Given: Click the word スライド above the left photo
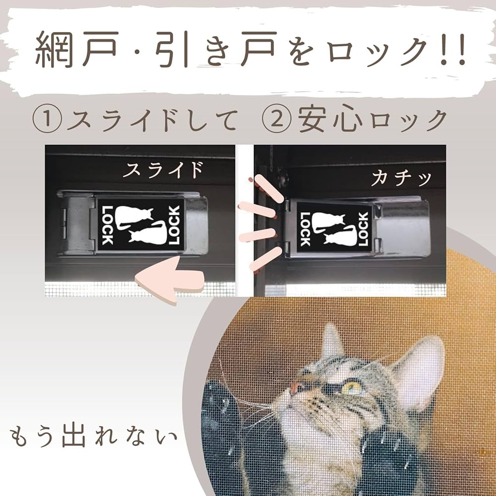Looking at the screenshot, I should point(163,170).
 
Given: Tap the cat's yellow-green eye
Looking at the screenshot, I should point(353,387).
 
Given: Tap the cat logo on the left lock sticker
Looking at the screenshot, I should point(140,224).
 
